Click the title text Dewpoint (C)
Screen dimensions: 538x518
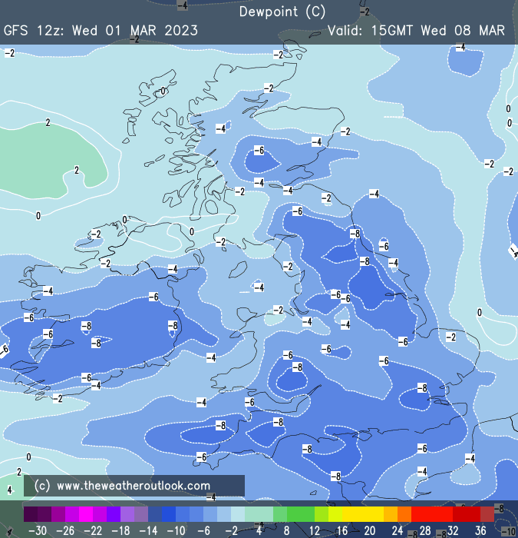(x=282, y=12)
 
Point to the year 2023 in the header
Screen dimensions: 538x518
(x=180, y=31)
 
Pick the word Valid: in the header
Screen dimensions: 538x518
(x=346, y=31)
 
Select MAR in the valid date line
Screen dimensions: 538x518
(x=492, y=31)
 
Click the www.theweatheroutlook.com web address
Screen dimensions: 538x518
(x=134, y=486)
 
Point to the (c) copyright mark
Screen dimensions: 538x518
(x=42, y=486)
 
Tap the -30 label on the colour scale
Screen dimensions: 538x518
(x=37, y=530)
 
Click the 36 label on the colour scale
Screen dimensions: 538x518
(x=480, y=530)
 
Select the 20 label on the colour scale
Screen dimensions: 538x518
(x=369, y=530)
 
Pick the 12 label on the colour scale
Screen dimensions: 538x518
(x=314, y=530)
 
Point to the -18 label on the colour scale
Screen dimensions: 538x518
(x=120, y=530)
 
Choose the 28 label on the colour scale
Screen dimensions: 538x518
(x=425, y=530)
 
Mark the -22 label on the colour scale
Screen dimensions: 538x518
(x=92, y=530)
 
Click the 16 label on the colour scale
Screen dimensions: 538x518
(x=341, y=530)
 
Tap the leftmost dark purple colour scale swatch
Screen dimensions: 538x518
(x=30, y=513)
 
